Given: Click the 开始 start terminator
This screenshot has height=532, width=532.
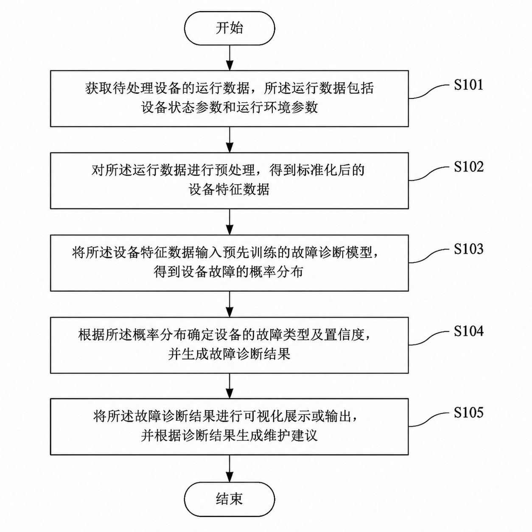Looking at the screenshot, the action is tap(230, 28).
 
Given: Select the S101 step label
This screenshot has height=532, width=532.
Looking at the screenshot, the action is tap(468, 85).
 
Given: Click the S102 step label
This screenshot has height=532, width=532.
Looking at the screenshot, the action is tap(468, 167).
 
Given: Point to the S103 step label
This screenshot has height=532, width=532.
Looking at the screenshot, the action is tap(468, 249).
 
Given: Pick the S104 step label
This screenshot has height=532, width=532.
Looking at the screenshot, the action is tap(468, 331).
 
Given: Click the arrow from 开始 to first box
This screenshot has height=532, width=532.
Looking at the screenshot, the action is tap(230, 58).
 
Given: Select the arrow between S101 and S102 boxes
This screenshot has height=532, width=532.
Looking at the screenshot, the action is tap(230, 140).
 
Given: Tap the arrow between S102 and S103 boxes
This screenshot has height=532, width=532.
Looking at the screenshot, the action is tap(230, 222).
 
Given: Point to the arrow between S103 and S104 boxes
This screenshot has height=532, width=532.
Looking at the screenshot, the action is tap(230, 304).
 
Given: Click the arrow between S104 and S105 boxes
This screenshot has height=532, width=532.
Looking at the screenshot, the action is tap(230, 386).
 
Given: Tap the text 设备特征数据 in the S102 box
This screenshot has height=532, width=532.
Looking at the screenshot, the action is tap(229, 190).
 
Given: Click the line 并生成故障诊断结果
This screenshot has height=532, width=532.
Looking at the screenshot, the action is tap(229, 354).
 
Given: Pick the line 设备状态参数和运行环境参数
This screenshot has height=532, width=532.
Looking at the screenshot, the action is tap(230, 107).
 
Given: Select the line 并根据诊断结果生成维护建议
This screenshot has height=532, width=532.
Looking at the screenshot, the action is tap(229, 436).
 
